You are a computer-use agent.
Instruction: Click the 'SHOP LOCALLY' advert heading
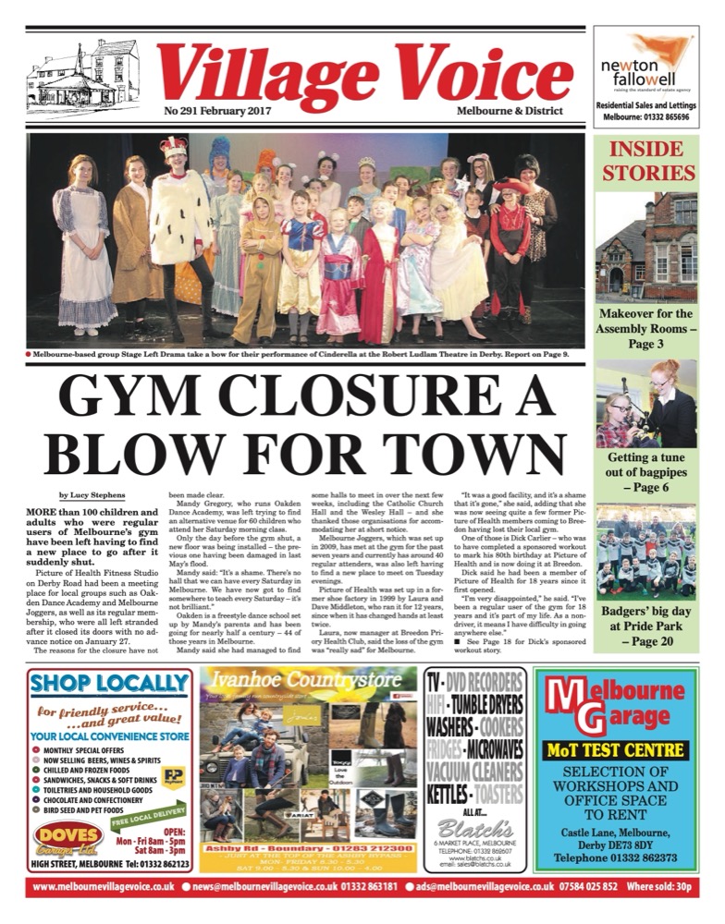[110, 685]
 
